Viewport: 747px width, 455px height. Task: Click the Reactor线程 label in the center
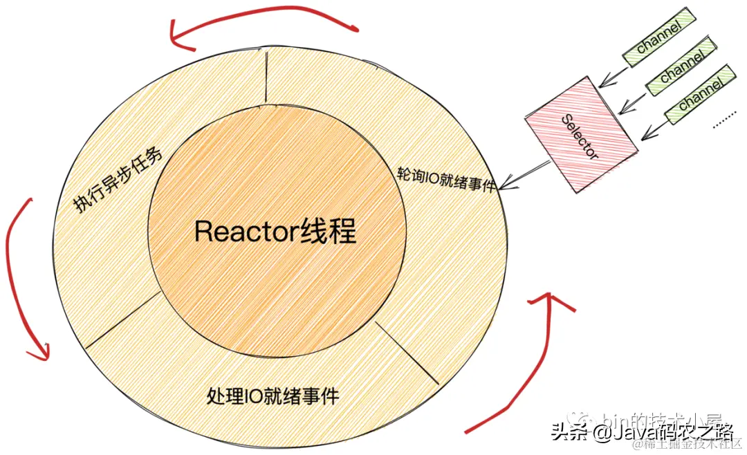(x=275, y=232)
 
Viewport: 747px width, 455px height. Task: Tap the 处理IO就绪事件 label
(x=273, y=396)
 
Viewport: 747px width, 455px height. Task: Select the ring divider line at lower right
(x=408, y=353)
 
